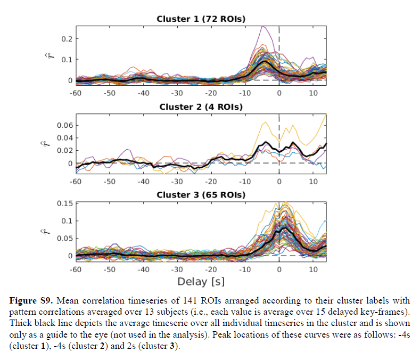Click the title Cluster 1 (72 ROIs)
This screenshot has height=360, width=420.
pyautogui.click(x=201, y=19)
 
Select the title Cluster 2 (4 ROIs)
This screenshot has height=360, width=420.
pyautogui.click(x=201, y=107)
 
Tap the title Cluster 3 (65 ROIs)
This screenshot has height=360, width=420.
pyautogui.click(x=201, y=195)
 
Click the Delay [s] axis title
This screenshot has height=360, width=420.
pyautogui.click(x=201, y=281)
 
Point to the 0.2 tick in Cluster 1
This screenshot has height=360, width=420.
pyautogui.click(x=67, y=39)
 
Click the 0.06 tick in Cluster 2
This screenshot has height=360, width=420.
pyautogui.click(x=64, y=126)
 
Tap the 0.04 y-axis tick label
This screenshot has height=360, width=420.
pyautogui.click(x=64, y=138)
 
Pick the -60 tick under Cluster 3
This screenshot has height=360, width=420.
pyautogui.click(x=76, y=270)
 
